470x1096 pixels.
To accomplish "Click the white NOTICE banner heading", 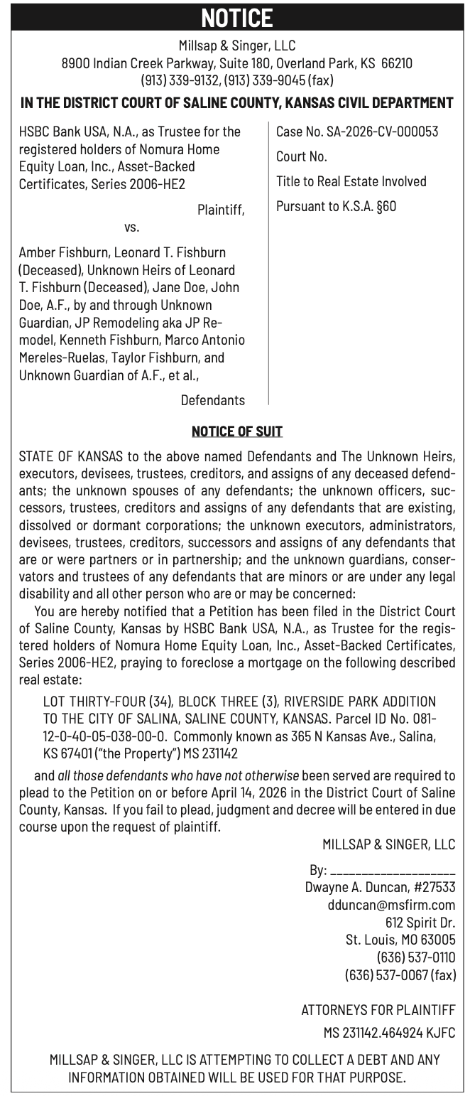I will click(x=236, y=17).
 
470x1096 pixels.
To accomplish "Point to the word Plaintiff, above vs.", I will click(x=221, y=210).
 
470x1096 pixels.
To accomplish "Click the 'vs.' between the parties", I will click(x=132, y=227).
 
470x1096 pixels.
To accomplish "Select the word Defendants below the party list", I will click(x=212, y=400).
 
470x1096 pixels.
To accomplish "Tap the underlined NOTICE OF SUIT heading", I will click(x=237, y=431).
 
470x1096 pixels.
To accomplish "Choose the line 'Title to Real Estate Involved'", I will click(x=351, y=181).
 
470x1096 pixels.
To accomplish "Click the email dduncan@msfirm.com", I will click(x=391, y=905).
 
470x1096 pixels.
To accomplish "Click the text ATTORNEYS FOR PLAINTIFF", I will click(x=378, y=1009).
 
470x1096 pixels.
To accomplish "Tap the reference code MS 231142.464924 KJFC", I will click(x=389, y=1032).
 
